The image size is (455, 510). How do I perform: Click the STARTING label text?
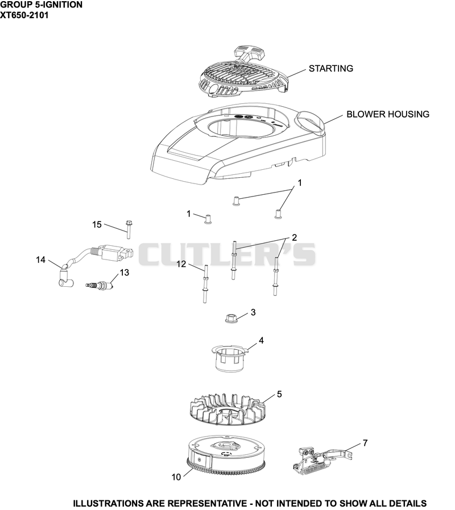(330, 69)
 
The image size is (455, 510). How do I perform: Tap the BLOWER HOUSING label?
(387, 114)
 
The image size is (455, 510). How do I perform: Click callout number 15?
(97, 224)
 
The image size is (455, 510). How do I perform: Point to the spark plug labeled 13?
(99, 286)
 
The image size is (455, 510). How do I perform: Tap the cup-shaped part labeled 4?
(230, 359)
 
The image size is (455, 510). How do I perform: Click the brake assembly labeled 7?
(322, 461)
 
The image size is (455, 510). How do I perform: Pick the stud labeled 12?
(205, 284)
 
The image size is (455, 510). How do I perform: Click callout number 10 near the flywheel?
(176, 477)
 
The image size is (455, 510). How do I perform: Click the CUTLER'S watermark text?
(227, 254)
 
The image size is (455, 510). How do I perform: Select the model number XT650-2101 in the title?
(24, 15)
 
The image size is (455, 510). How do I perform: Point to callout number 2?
(294, 237)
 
